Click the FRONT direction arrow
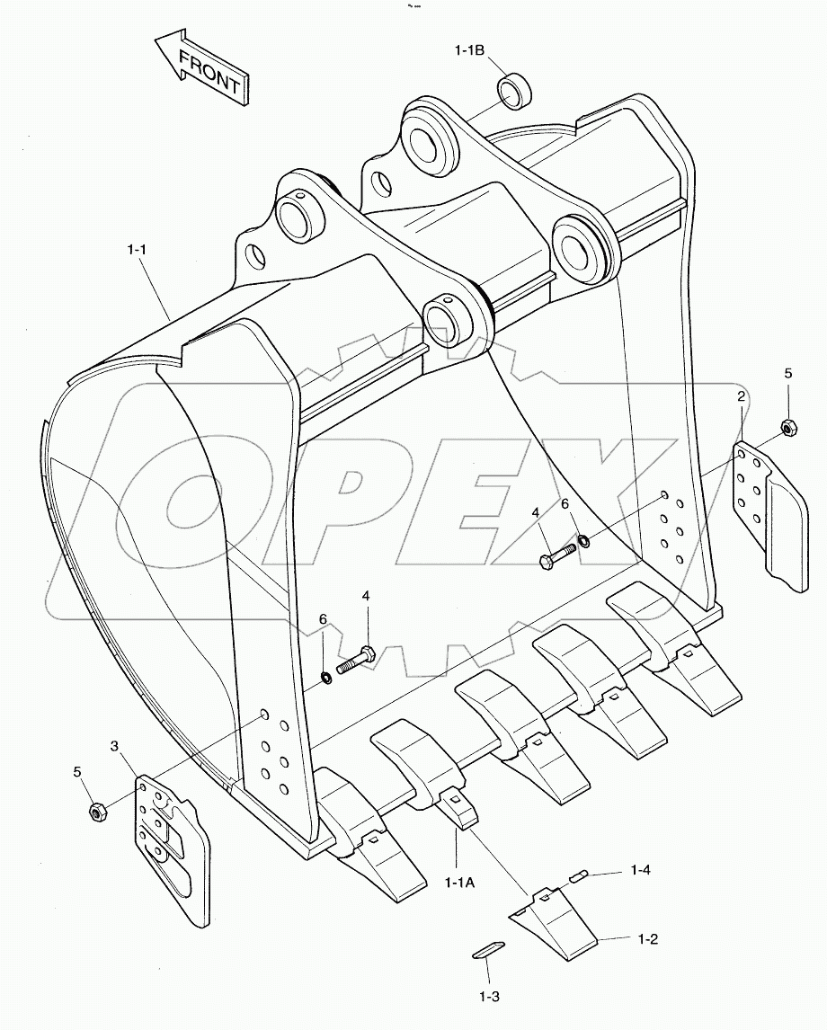[x=201, y=72]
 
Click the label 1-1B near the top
[x=468, y=51]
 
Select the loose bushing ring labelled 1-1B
[x=513, y=92]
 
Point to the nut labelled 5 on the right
[x=787, y=427]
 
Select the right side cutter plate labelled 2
[x=769, y=512]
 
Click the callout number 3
[x=115, y=747]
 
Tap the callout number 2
[x=742, y=395]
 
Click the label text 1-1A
[x=459, y=882]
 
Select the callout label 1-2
[x=648, y=939]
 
